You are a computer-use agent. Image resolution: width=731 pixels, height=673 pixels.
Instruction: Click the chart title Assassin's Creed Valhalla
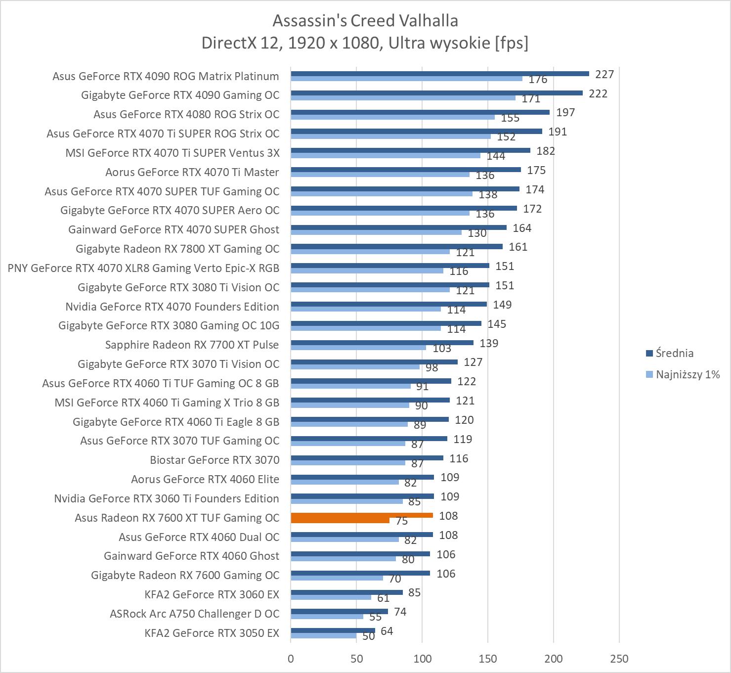(x=365, y=21)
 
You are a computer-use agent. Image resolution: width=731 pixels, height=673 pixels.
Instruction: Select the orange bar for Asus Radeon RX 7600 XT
(x=362, y=515)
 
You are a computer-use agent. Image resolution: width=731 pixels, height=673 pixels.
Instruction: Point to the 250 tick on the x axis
(x=619, y=659)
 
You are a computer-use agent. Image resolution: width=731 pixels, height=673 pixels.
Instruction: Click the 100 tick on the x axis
(x=422, y=659)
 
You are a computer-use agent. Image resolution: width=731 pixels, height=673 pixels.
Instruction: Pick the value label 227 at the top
(x=604, y=74)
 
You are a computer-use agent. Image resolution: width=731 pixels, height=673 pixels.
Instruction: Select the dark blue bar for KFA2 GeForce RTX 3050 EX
(x=333, y=630)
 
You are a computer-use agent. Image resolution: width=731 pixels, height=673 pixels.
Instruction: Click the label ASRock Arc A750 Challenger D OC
(x=194, y=614)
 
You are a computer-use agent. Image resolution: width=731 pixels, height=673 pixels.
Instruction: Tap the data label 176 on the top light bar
(x=538, y=80)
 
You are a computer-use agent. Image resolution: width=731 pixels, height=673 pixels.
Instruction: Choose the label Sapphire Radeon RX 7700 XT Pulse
(x=192, y=345)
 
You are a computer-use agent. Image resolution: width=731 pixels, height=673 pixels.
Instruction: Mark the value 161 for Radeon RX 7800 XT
(x=518, y=247)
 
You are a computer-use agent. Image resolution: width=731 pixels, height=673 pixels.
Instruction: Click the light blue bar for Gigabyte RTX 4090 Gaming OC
(x=403, y=98)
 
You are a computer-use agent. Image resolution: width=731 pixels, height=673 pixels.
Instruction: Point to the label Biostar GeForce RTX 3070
(x=215, y=460)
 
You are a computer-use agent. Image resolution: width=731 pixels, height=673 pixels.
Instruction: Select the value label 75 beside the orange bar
(x=401, y=521)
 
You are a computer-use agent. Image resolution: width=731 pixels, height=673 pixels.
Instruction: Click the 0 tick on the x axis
(x=291, y=659)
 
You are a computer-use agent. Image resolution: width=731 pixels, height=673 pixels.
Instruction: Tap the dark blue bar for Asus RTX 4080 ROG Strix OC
(x=420, y=112)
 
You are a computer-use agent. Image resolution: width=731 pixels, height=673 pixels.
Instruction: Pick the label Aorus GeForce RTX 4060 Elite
(x=205, y=479)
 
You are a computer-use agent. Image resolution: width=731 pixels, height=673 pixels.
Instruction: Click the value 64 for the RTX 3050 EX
(x=387, y=631)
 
